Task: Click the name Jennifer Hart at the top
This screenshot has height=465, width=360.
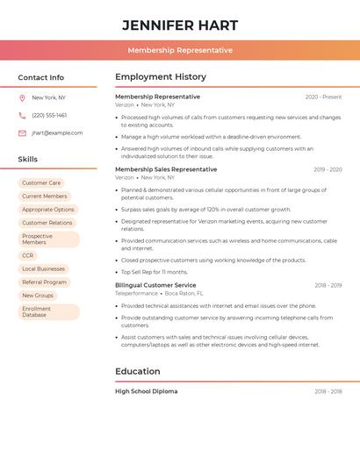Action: pos(180,25)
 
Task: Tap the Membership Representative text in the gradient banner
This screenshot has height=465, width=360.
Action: pos(180,50)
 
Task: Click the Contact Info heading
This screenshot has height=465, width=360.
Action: pos(41,77)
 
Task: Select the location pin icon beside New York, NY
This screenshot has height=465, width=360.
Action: pos(22,97)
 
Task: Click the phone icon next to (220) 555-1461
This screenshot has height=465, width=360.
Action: pos(22,115)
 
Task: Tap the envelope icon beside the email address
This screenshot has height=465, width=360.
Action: pos(22,133)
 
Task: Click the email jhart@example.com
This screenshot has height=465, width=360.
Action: pos(57,133)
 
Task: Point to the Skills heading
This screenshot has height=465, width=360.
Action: pos(28,160)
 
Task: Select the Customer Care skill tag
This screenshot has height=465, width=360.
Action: pos(41,183)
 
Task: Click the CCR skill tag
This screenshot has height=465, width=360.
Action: pos(28,255)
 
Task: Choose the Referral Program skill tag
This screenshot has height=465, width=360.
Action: pos(44,283)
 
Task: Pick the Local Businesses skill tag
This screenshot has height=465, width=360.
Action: pos(43,268)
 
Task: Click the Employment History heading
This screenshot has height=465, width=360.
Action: pos(161,77)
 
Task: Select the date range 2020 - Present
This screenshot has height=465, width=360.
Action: pos(323,97)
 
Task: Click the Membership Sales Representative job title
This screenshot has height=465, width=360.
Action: pos(166,169)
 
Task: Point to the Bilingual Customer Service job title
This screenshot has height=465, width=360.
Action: pos(155,285)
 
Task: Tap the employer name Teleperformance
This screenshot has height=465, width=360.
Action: pos(136,293)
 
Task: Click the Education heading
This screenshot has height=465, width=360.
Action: pos(138,371)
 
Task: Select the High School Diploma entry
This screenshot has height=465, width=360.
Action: pos(146,391)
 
